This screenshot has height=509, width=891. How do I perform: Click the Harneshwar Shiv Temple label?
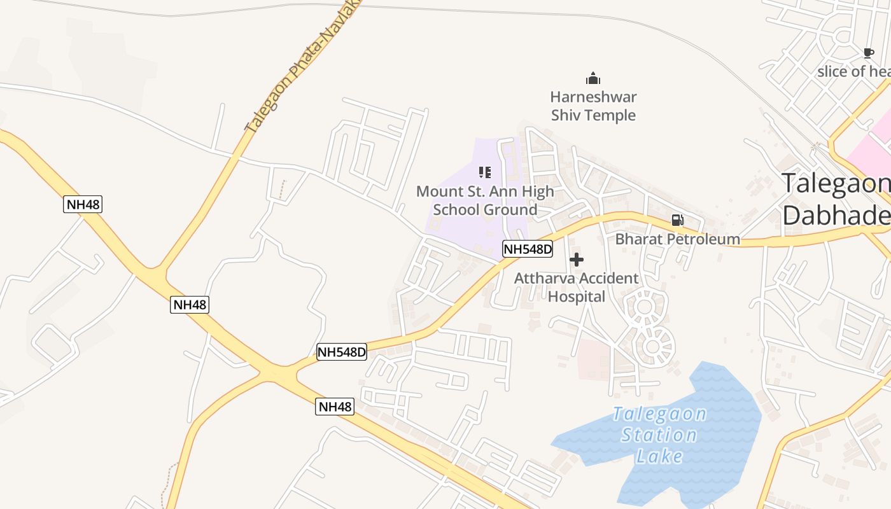click(593, 106)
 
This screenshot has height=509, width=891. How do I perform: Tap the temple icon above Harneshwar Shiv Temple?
click(593, 79)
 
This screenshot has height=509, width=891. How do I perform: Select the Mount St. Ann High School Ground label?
click(485, 200)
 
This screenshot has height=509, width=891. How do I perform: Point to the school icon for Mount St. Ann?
click(485, 172)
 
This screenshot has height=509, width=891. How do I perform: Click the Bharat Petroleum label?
click(677, 239)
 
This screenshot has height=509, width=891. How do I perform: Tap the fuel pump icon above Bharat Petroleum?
click(678, 220)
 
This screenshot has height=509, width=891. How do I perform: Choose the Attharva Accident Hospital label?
click(576, 288)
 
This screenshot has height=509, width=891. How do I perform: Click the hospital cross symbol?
click(577, 260)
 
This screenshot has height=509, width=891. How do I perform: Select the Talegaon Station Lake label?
click(659, 435)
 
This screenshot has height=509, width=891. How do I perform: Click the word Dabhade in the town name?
click(836, 215)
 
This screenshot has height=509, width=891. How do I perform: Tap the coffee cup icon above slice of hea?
click(868, 53)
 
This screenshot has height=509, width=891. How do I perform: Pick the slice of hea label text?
click(853, 71)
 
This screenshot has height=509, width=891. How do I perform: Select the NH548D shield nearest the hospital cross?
click(528, 249)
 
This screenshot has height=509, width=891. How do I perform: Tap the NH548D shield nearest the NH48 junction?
click(342, 351)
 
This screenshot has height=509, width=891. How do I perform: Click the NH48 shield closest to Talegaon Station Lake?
click(335, 407)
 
